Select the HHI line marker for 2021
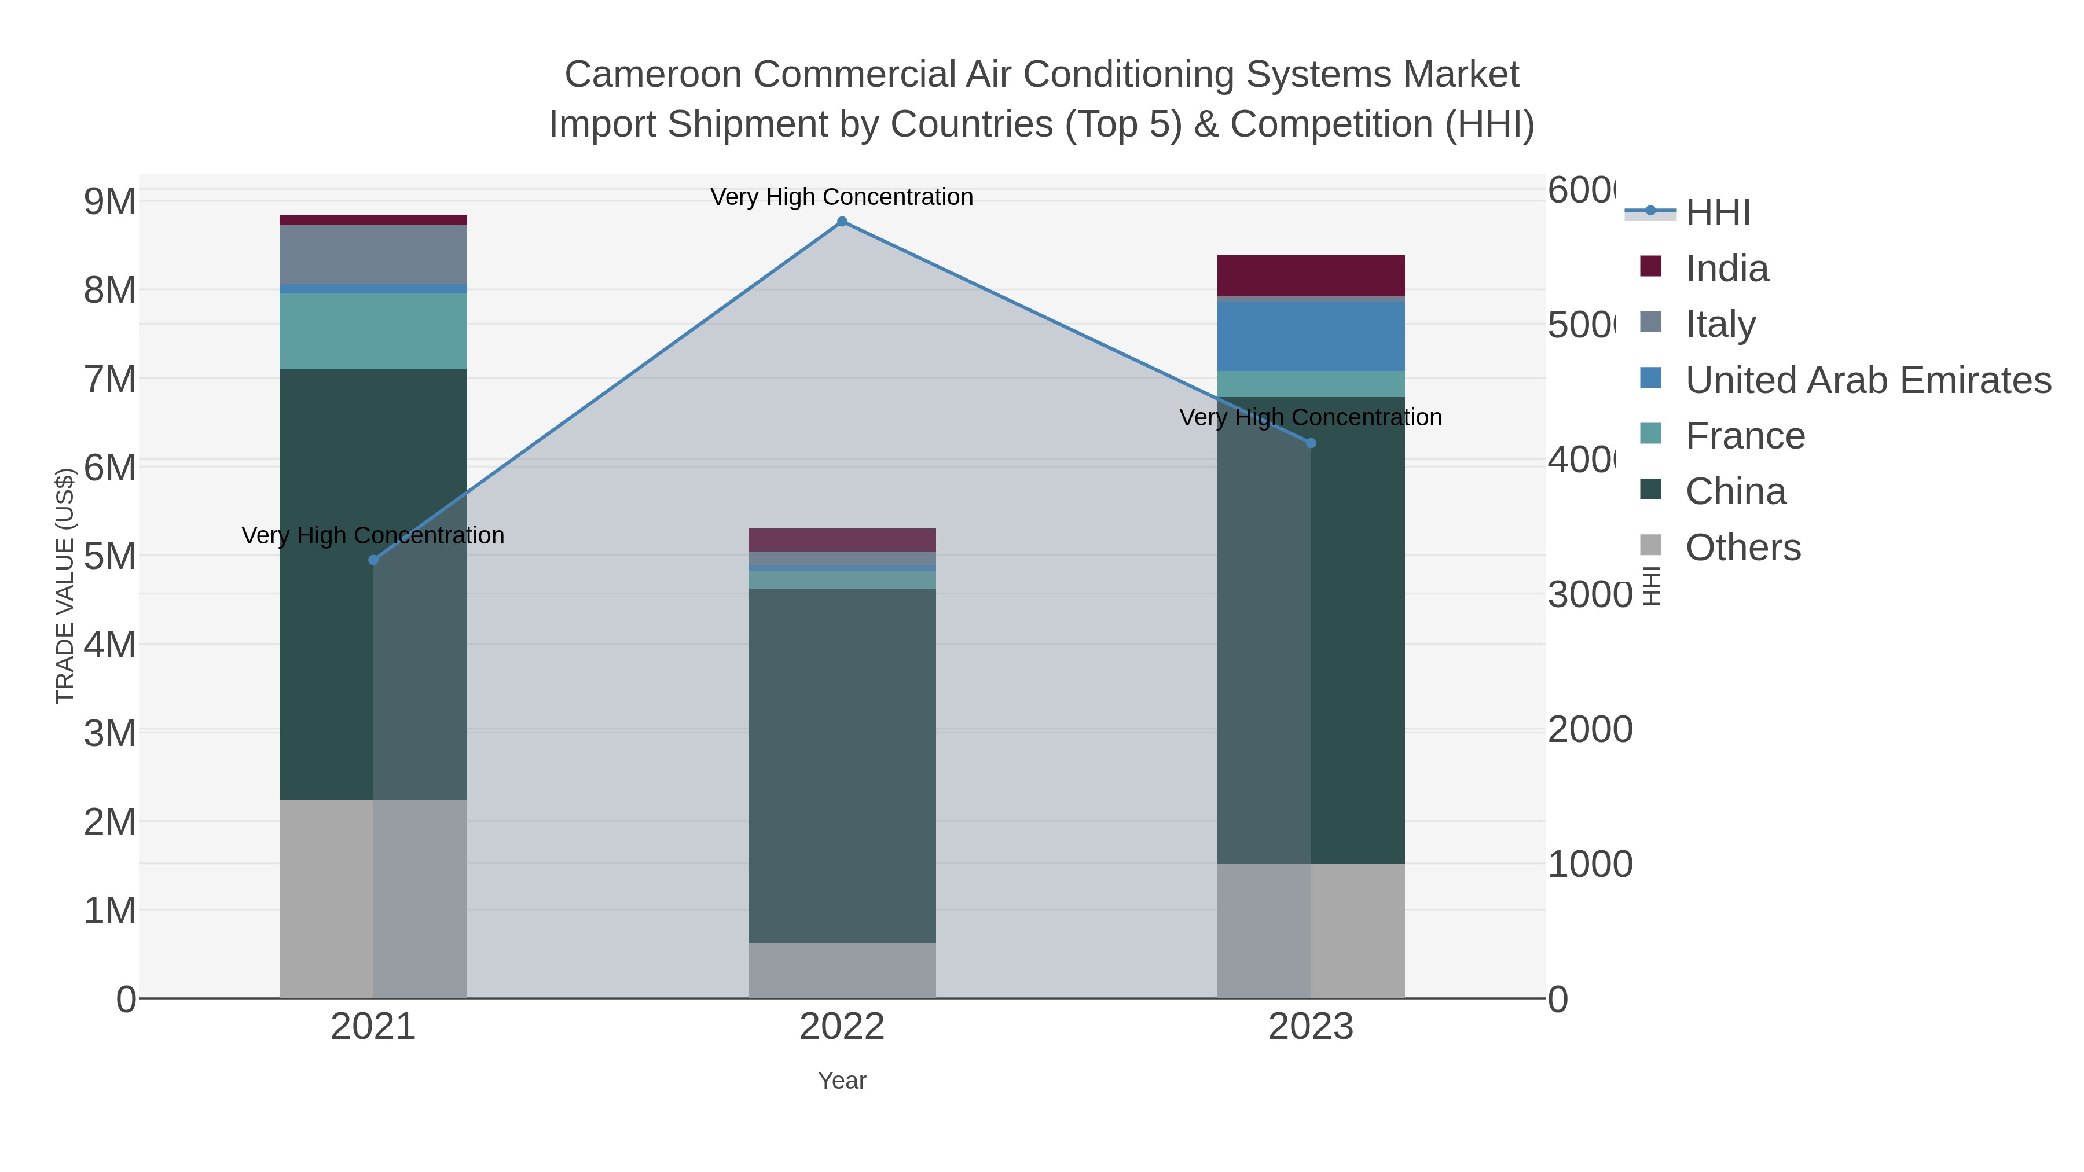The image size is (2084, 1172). tap(373, 560)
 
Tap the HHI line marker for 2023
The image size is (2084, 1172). tap(1311, 443)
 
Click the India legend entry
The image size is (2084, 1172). tap(1726, 269)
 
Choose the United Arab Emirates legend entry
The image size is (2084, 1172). tap(1867, 380)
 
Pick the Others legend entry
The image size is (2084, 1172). tap(1742, 548)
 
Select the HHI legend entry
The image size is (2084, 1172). tap(1717, 213)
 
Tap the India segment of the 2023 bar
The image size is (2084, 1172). tap(1311, 276)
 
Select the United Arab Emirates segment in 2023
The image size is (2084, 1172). tap(1311, 336)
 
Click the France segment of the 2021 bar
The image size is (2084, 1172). tap(373, 331)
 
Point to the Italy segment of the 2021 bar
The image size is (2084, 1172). tap(373, 255)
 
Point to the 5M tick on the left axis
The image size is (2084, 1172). tap(110, 556)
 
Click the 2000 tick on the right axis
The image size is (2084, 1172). tap(1589, 730)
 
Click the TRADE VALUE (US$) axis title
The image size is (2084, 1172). tap(65, 586)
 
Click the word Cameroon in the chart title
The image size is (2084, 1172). tap(654, 75)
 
